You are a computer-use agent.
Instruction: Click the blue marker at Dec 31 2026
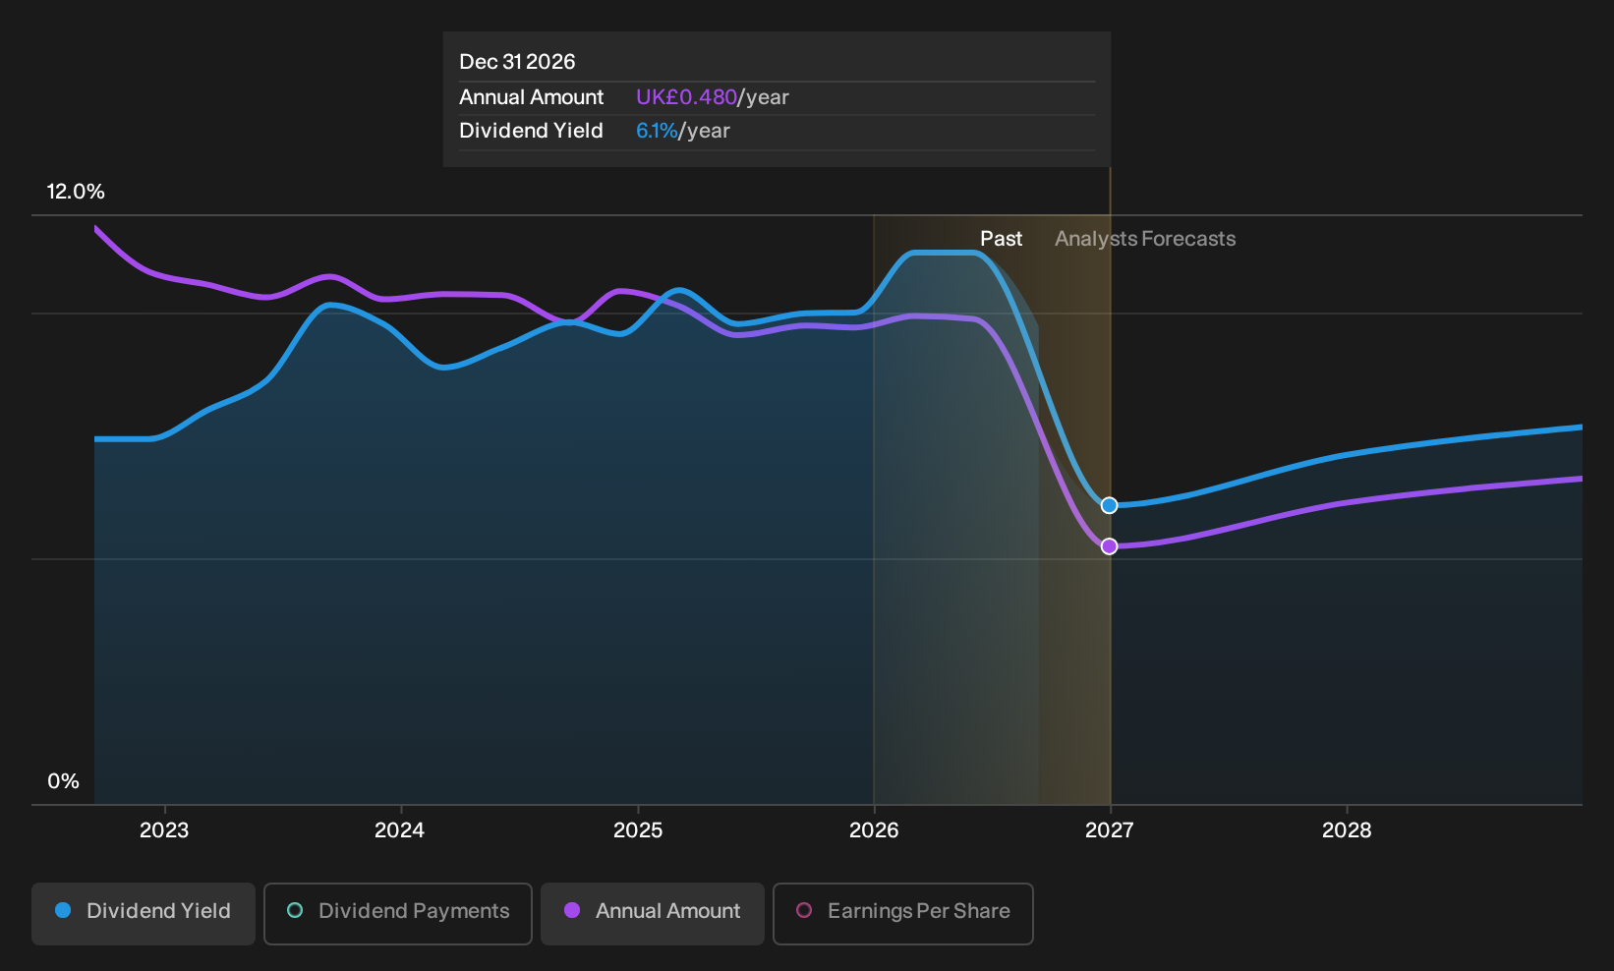click(1110, 506)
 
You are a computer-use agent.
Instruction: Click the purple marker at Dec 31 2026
click(1110, 546)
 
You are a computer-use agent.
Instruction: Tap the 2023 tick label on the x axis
click(164, 830)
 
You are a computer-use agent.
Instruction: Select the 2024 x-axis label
click(400, 830)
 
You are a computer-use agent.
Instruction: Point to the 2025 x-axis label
click(638, 830)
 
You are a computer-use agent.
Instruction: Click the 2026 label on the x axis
click(874, 830)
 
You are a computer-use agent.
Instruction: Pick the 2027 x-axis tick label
click(1110, 830)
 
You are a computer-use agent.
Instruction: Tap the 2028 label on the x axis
click(1347, 830)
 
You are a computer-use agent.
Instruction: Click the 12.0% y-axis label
click(76, 192)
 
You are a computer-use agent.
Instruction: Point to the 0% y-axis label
click(64, 781)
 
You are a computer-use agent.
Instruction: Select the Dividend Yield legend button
click(144, 913)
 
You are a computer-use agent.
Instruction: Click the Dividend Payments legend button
click(398, 913)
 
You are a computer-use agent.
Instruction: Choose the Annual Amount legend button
click(652, 913)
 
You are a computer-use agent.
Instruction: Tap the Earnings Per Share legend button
click(902, 913)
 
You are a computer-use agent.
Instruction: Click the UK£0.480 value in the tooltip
click(686, 97)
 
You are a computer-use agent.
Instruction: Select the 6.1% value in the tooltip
click(657, 131)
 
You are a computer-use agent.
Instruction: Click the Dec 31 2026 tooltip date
click(517, 62)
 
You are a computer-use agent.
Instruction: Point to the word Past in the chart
click(1001, 239)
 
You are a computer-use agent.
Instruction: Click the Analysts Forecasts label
click(1145, 239)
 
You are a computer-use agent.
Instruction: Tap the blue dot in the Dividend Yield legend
click(64, 910)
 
